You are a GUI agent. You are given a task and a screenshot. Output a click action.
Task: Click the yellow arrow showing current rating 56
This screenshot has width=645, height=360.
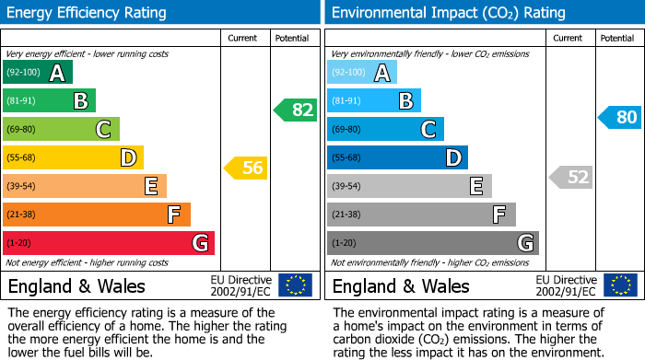[x=245, y=168]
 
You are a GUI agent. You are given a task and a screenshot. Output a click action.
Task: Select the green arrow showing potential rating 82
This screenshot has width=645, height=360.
[x=295, y=110]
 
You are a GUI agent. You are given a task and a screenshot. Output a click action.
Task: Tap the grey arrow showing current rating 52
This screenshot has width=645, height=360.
[x=570, y=177]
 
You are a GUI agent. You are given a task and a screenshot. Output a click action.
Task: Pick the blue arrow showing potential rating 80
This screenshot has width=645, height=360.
[x=619, y=117]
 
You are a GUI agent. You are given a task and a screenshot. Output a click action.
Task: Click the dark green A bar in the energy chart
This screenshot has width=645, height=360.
[x=37, y=73]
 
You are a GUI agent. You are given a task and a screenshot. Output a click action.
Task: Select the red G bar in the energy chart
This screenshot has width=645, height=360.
[x=108, y=243]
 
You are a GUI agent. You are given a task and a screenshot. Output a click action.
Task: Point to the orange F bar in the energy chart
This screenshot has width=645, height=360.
[x=96, y=215]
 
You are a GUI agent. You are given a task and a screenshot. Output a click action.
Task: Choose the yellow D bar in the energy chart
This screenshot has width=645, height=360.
[x=73, y=157]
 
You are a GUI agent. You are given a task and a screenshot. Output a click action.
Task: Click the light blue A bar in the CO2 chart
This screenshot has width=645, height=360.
[x=361, y=73]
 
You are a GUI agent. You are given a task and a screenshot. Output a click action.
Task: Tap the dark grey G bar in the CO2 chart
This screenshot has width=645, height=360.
[x=431, y=243]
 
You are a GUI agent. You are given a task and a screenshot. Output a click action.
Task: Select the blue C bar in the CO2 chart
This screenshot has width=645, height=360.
[x=384, y=129]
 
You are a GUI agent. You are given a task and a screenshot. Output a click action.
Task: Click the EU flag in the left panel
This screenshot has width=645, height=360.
[x=295, y=285]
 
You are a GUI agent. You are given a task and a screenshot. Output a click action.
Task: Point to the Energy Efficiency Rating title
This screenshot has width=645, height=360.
[x=88, y=13]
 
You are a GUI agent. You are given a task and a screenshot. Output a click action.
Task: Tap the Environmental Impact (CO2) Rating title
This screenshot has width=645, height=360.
[x=448, y=13]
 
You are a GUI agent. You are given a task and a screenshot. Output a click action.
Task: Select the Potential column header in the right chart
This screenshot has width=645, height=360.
[x=617, y=38]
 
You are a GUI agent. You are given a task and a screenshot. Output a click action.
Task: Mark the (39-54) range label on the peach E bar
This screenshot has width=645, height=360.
[x=21, y=186]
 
